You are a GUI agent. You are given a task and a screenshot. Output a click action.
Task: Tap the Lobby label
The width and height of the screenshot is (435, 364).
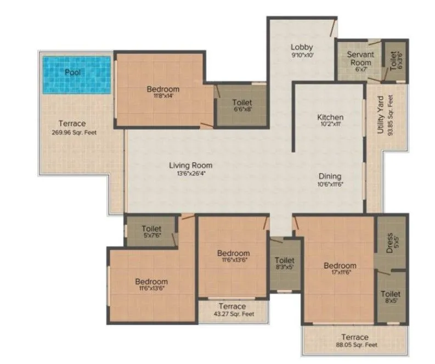click(302, 47)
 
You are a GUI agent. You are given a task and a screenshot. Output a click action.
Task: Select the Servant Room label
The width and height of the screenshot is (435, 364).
click(361, 58)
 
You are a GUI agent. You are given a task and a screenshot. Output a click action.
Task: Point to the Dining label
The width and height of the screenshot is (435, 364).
click(330, 176)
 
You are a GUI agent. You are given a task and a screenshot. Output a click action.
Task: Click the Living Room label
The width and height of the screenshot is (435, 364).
click(190, 165)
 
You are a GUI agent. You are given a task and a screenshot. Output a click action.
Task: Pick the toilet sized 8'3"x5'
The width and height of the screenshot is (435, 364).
click(285, 264)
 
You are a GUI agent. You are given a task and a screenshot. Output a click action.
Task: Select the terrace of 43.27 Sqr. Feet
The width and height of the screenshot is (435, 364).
click(232, 310)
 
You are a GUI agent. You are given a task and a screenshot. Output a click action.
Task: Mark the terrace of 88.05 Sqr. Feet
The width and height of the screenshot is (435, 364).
click(355, 340)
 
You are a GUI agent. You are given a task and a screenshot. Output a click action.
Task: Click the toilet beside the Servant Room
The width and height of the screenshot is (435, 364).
click(394, 59)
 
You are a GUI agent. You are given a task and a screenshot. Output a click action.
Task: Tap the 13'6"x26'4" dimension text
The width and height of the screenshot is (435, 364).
click(190, 174)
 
